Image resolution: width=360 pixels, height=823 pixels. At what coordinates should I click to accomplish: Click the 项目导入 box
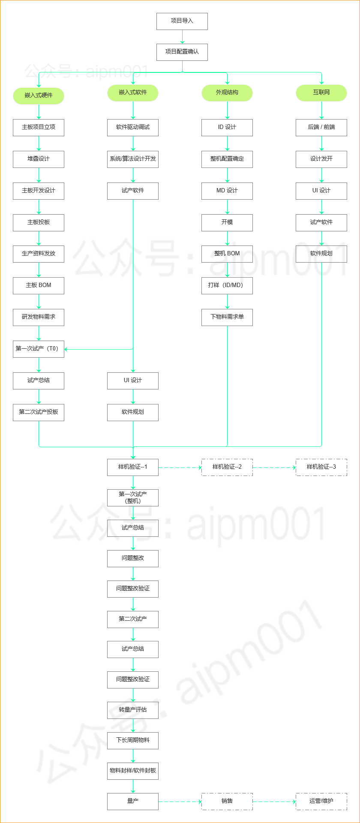182,21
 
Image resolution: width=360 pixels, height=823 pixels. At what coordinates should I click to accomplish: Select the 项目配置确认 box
182,52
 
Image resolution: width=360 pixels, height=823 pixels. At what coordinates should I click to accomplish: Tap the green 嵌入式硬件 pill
39,96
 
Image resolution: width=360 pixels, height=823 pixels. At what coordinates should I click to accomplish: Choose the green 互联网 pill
321,93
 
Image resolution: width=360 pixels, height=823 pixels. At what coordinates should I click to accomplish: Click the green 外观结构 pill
227,93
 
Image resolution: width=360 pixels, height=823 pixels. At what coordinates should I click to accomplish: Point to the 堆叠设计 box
39,159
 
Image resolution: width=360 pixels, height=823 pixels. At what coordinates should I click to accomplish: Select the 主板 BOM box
39,286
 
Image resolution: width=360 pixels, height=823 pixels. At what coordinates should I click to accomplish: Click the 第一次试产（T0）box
39,349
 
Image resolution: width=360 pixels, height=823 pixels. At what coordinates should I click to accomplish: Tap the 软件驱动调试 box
133,128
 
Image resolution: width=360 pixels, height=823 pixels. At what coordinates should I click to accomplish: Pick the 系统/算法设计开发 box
133,159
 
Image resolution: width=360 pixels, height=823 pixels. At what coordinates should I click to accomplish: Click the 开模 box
227,223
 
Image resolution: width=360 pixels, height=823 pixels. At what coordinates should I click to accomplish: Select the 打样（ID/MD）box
227,286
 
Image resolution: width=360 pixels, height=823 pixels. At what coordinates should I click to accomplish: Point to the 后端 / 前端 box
321,128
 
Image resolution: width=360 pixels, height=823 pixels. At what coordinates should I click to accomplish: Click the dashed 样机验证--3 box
321,467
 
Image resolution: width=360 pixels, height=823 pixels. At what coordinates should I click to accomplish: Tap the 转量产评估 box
133,710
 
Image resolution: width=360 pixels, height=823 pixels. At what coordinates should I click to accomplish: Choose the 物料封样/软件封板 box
133,771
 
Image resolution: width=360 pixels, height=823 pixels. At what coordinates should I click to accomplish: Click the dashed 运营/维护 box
321,802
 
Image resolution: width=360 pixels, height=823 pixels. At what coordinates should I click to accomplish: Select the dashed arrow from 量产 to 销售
180,802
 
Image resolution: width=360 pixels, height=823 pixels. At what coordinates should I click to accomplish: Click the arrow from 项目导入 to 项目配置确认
182,37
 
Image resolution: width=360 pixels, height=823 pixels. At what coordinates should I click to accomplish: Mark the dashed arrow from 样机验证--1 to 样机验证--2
180,467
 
